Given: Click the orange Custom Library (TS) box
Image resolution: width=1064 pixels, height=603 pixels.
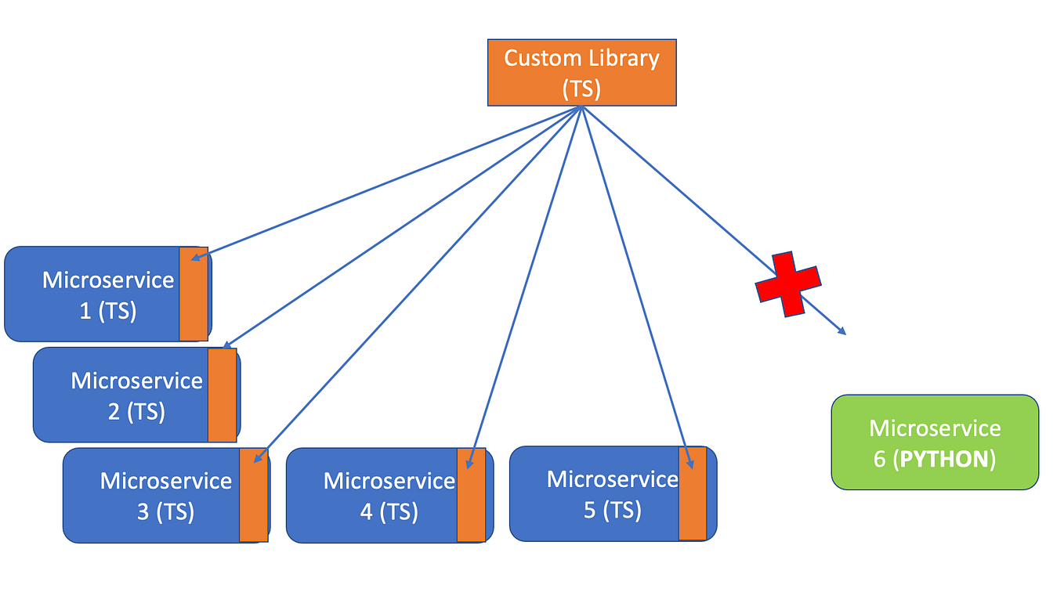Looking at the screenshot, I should (581, 72).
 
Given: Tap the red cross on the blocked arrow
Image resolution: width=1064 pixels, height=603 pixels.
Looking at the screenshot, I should (788, 283).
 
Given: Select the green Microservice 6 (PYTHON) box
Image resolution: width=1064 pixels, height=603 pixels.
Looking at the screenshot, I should (935, 442).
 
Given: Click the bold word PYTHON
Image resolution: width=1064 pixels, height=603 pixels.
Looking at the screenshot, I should (944, 459).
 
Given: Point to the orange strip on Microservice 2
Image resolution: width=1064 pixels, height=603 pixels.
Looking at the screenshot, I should (223, 395).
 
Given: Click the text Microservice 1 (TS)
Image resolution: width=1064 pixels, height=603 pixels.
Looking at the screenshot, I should (107, 295).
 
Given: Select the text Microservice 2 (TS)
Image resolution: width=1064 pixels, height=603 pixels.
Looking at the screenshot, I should (136, 395).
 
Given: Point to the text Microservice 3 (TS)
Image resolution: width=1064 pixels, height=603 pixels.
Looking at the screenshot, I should (165, 496).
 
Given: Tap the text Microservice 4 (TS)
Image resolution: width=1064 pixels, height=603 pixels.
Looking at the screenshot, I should (389, 496).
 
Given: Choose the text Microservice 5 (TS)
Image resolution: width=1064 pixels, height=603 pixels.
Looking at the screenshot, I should (612, 494).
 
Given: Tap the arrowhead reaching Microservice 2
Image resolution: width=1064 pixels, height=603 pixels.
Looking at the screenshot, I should (226, 345).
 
